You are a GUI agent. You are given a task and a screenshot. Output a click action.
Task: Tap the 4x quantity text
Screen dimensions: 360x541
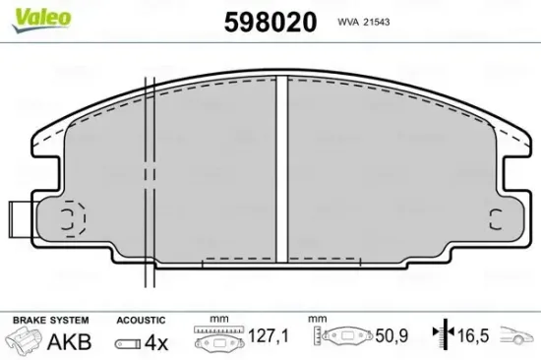(x=156, y=342)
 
